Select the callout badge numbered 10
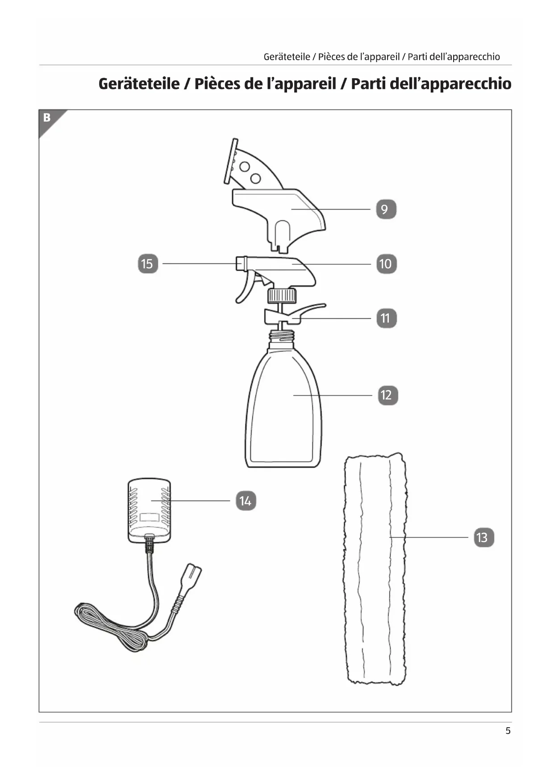386,264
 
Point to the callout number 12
387,395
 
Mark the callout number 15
147,264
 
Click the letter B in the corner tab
47,118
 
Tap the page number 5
508,730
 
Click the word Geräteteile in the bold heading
138,84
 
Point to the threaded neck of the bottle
282,335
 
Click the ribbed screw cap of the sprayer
282,295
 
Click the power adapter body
149,510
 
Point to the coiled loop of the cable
112,626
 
